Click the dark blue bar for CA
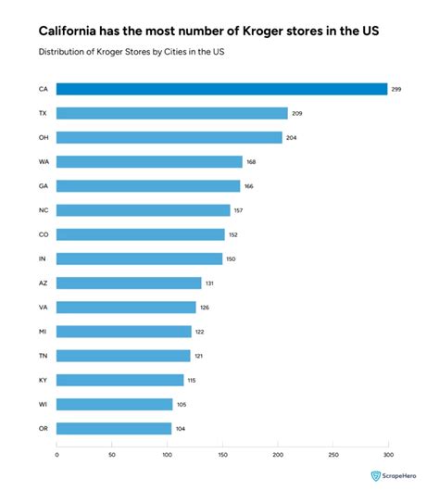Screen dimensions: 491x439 point(221,89)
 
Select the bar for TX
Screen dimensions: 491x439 point(171,113)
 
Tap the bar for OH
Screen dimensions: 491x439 point(169,137)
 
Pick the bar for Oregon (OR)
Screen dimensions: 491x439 point(114,428)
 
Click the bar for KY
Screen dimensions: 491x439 point(119,380)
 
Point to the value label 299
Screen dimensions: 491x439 point(396,89)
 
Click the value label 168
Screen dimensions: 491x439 point(251,161)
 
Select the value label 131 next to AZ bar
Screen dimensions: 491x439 point(210,283)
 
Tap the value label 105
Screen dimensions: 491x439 point(182,404)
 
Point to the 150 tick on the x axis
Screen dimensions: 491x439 point(222,455)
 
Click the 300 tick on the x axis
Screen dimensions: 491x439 point(388,455)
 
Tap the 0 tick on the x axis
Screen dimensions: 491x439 point(56,455)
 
